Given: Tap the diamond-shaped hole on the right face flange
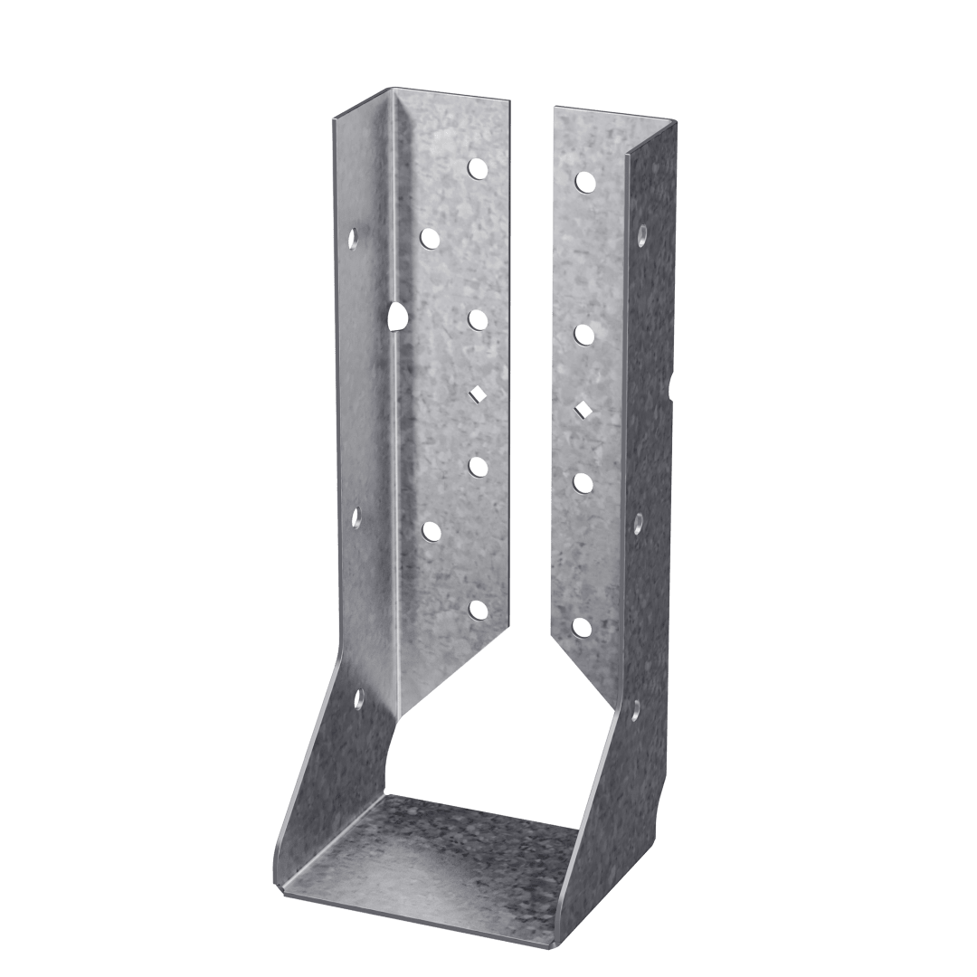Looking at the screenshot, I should pos(583,409).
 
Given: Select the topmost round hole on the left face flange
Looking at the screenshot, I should pos(477,167).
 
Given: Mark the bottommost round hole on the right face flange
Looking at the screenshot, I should pos(583,625).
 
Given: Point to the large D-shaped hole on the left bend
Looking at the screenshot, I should pos(396,316).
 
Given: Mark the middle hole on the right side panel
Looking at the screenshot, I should pos(638,523).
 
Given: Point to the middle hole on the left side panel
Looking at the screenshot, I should pos(356,517).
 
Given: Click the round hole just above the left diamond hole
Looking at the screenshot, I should pos(477,319).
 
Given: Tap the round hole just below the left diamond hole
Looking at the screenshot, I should pos(477,466).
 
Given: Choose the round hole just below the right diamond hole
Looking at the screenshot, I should pos(583,481).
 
